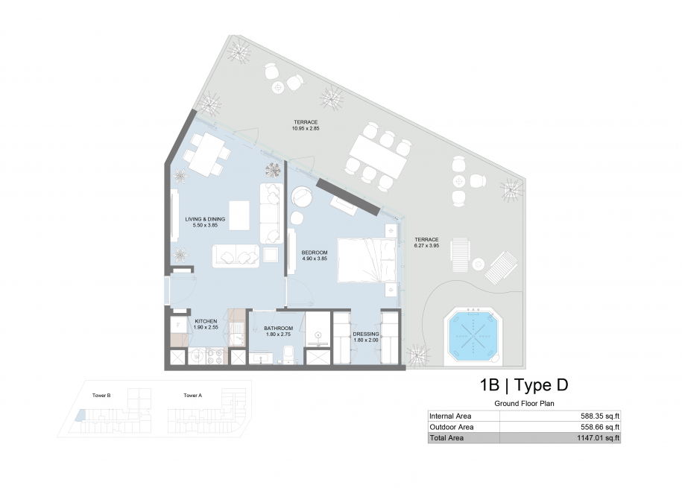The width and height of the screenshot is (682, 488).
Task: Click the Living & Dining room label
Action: [205, 219]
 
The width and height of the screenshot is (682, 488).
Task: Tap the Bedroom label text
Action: [315, 253]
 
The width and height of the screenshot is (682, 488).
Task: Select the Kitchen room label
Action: [206, 321]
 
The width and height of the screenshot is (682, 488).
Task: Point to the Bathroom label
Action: [278, 329]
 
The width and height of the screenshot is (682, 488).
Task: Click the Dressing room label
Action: [366, 334]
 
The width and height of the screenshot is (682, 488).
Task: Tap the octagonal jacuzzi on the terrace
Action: [473, 335]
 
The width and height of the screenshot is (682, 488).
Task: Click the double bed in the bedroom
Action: [367, 260]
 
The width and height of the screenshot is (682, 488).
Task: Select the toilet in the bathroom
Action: [288, 354]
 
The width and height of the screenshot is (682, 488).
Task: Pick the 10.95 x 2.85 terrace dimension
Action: [306, 128]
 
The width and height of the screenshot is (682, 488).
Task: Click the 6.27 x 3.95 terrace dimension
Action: [426, 246]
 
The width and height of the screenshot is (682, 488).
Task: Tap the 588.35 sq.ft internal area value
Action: [600, 416]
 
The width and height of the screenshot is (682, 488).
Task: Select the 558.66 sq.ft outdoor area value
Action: [600, 427]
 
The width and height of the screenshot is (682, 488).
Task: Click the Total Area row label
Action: [446, 438]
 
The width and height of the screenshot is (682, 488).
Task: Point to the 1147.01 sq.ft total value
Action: [598, 438]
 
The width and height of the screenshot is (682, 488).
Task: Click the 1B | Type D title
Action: [524, 385]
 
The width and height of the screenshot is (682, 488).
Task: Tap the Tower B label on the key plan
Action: [101, 396]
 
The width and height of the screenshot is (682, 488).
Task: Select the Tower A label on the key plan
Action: [193, 396]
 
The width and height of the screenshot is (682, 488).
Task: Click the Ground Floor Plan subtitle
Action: [524, 404]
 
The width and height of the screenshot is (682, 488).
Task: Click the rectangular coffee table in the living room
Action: [239, 215]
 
